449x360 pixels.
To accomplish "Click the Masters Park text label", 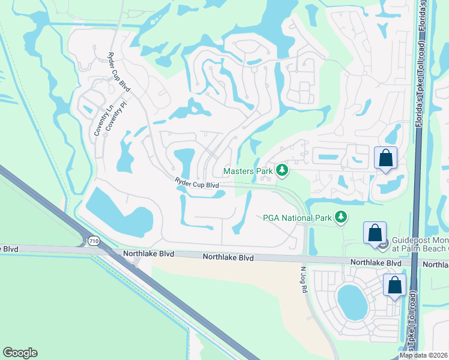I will coord(248,171).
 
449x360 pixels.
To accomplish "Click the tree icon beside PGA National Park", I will coord(342,217).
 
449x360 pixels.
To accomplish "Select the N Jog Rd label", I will coord(303,278).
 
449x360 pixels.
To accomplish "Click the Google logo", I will coord(20,353).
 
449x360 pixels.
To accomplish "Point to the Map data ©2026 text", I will coord(424,355).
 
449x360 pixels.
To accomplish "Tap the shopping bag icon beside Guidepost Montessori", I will coord(375,234).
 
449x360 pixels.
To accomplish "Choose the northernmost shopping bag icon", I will coord(385,158).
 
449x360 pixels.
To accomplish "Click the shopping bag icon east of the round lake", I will coord(395,286).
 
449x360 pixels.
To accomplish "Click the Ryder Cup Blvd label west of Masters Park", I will coord(196,183).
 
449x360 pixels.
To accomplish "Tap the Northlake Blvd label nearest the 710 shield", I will coord(144,254).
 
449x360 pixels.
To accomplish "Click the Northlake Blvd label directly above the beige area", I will coord(228,257).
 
